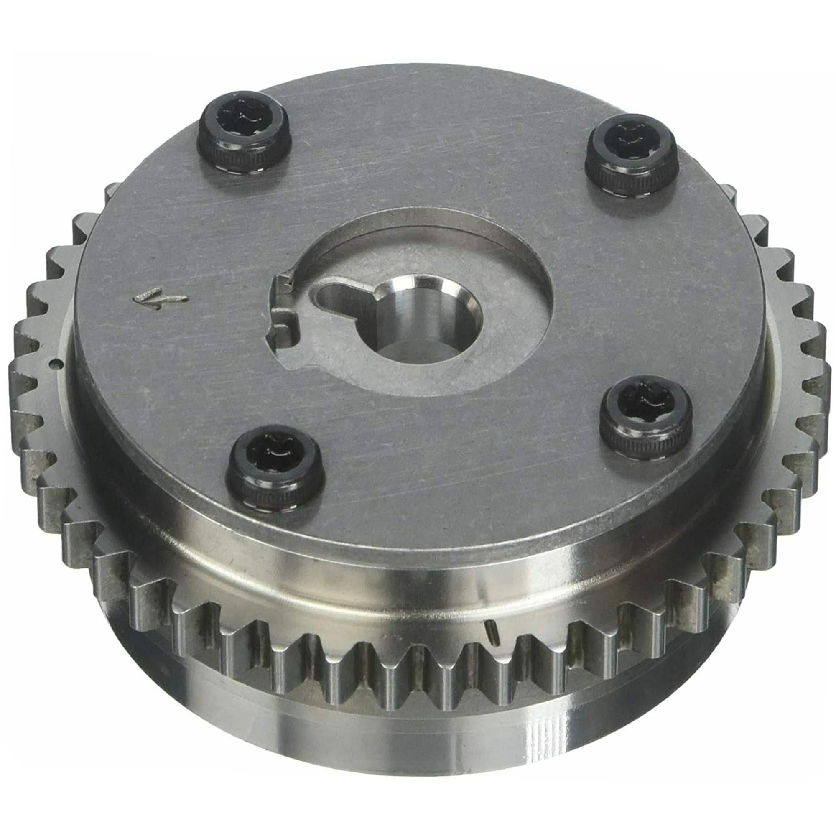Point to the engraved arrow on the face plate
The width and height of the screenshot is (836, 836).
[160, 298]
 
